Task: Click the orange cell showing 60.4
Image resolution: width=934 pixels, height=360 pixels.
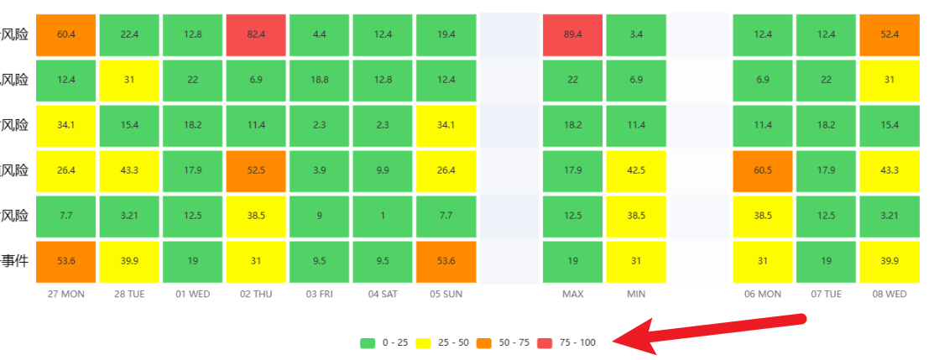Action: (x=66, y=34)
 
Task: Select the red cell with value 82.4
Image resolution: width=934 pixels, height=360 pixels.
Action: (x=257, y=34)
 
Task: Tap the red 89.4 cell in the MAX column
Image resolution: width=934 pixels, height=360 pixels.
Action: (x=573, y=34)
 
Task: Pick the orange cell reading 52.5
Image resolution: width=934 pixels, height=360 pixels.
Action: (x=257, y=171)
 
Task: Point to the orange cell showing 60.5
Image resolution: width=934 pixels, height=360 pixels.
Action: (x=763, y=171)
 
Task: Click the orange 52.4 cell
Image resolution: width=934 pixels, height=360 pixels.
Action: (x=890, y=34)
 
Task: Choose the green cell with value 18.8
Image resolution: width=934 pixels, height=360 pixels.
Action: (x=320, y=80)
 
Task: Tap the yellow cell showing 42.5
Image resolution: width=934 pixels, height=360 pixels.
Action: (x=636, y=171)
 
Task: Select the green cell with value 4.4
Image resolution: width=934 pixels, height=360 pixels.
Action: (x=320, y=34)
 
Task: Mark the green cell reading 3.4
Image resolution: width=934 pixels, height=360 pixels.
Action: (x=636, y=34)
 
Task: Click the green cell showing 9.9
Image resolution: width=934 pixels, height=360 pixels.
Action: (x=384, y=171)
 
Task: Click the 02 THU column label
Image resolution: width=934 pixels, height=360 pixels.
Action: (x=256, y=295)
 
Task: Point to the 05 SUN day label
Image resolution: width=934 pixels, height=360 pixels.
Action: (x=446, y=295)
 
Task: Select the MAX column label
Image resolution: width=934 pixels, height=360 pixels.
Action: (x=573, y=295)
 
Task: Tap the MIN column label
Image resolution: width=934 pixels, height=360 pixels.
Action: (x=636, y=295)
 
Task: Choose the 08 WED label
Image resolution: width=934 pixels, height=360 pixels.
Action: (x=890, y=295)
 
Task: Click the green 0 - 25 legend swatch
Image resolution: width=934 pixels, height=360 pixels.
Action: (x=367, y=342)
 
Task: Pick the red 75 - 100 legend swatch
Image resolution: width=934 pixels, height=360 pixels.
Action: (x=545, y=342)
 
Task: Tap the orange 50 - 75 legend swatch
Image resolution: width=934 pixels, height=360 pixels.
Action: (x=484, y=342)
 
